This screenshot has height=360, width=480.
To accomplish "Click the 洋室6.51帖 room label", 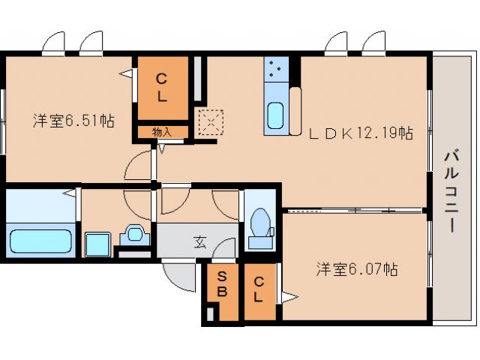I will click(x=73, y=120).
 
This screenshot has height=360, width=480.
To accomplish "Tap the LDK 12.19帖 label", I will click(x=361, y=133).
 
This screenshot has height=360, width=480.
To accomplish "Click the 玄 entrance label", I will click(x=199, y=241).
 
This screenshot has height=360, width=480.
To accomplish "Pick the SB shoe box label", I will click(x=223, y=283).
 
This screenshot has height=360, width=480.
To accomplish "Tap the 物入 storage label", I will click(x=161, y=132).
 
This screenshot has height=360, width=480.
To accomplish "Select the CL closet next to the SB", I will click(x=258, y=289).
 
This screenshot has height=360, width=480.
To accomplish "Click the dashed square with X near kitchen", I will click(x=210, y=121).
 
